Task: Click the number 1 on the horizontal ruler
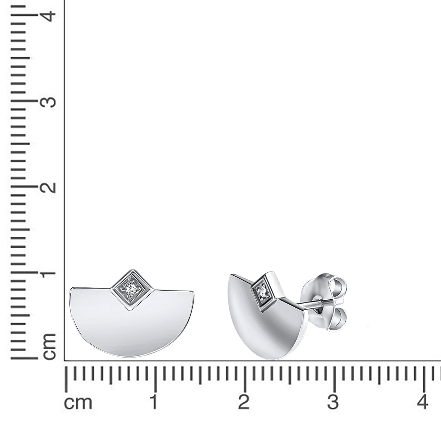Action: click(154, 402)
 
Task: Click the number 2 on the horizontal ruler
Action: click(244, 402)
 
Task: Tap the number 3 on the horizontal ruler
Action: click(333, 402)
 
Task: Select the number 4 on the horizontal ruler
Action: click(423, 402)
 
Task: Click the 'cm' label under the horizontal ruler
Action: click(78, 403)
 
